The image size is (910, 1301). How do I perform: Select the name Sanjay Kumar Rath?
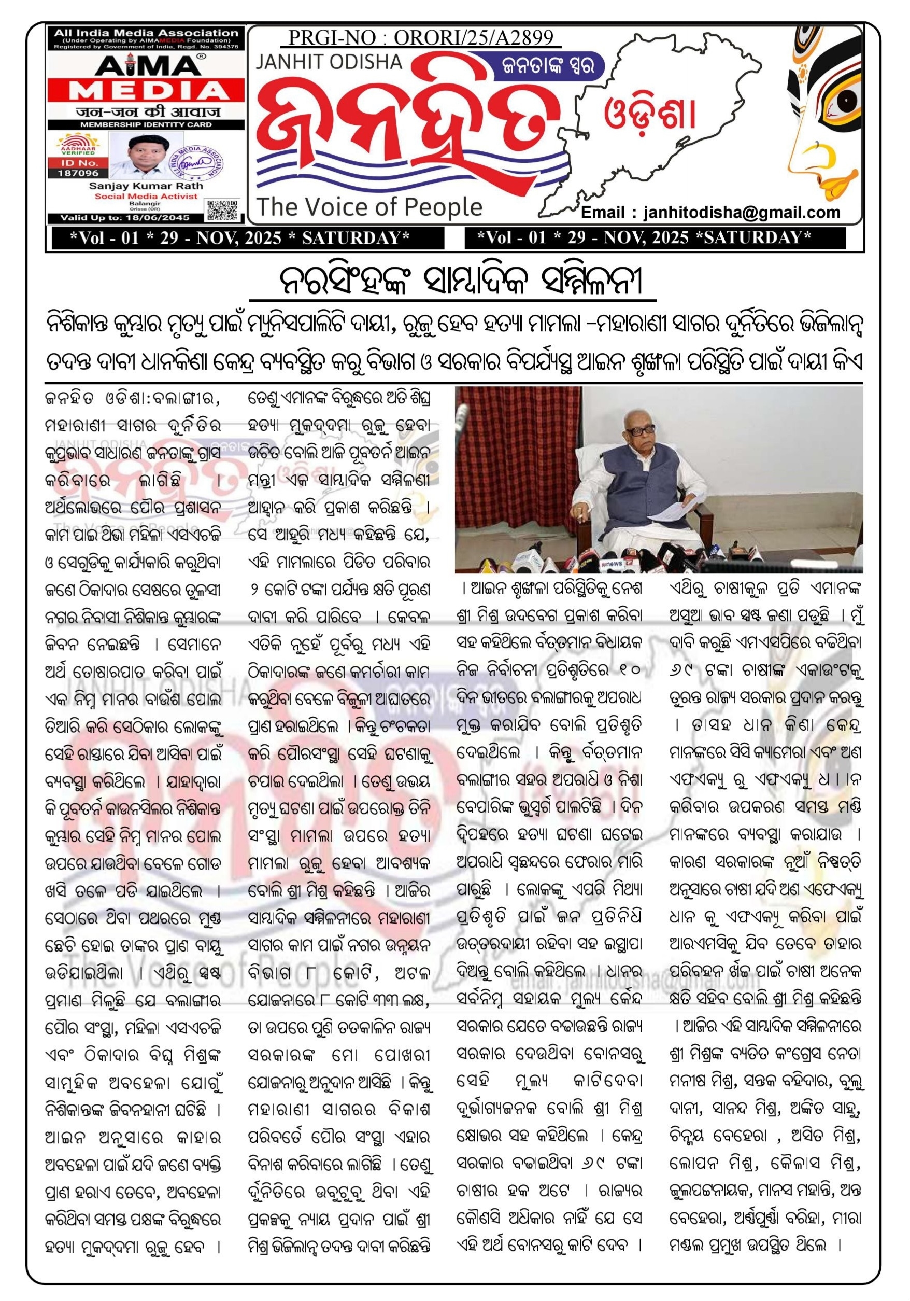146,185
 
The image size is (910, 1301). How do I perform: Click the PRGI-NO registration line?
420,37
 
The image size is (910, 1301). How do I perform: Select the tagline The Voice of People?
369,207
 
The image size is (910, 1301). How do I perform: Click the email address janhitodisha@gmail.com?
710,213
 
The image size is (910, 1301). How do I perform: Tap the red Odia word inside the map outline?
649,116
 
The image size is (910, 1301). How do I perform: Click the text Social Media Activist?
146,196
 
